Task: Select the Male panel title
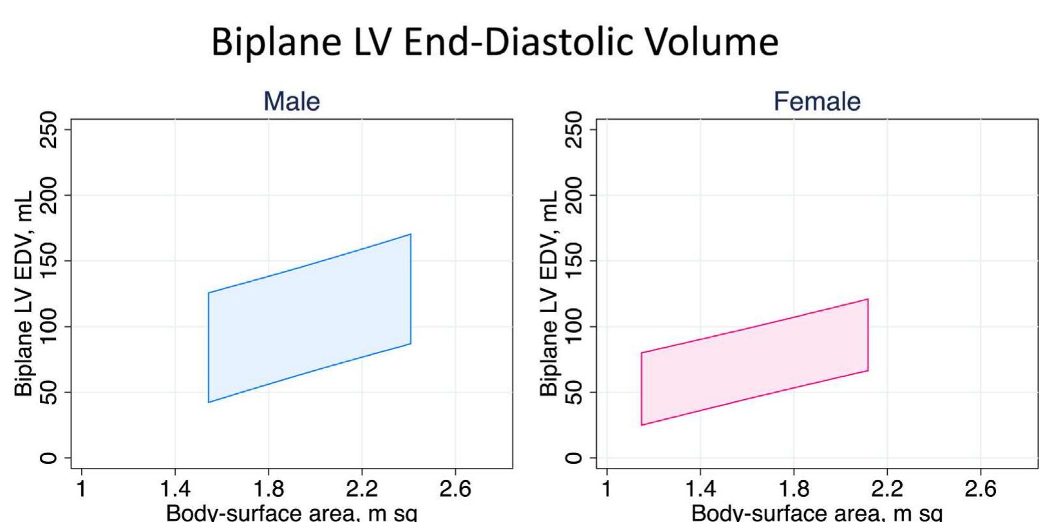tap(292, 101)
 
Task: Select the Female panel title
tap(817, 101)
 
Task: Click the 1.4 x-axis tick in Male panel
tap(174, 489)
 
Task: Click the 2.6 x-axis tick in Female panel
tap(981, 489)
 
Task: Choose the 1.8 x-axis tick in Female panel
tap(794, 489)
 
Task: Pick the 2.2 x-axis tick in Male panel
tap(361, 489)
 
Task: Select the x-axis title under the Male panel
tap(292, 513)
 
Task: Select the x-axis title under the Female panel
tap(817, 513)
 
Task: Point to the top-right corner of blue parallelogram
tap(411, 234)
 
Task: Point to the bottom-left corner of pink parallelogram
tap(642, 425)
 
